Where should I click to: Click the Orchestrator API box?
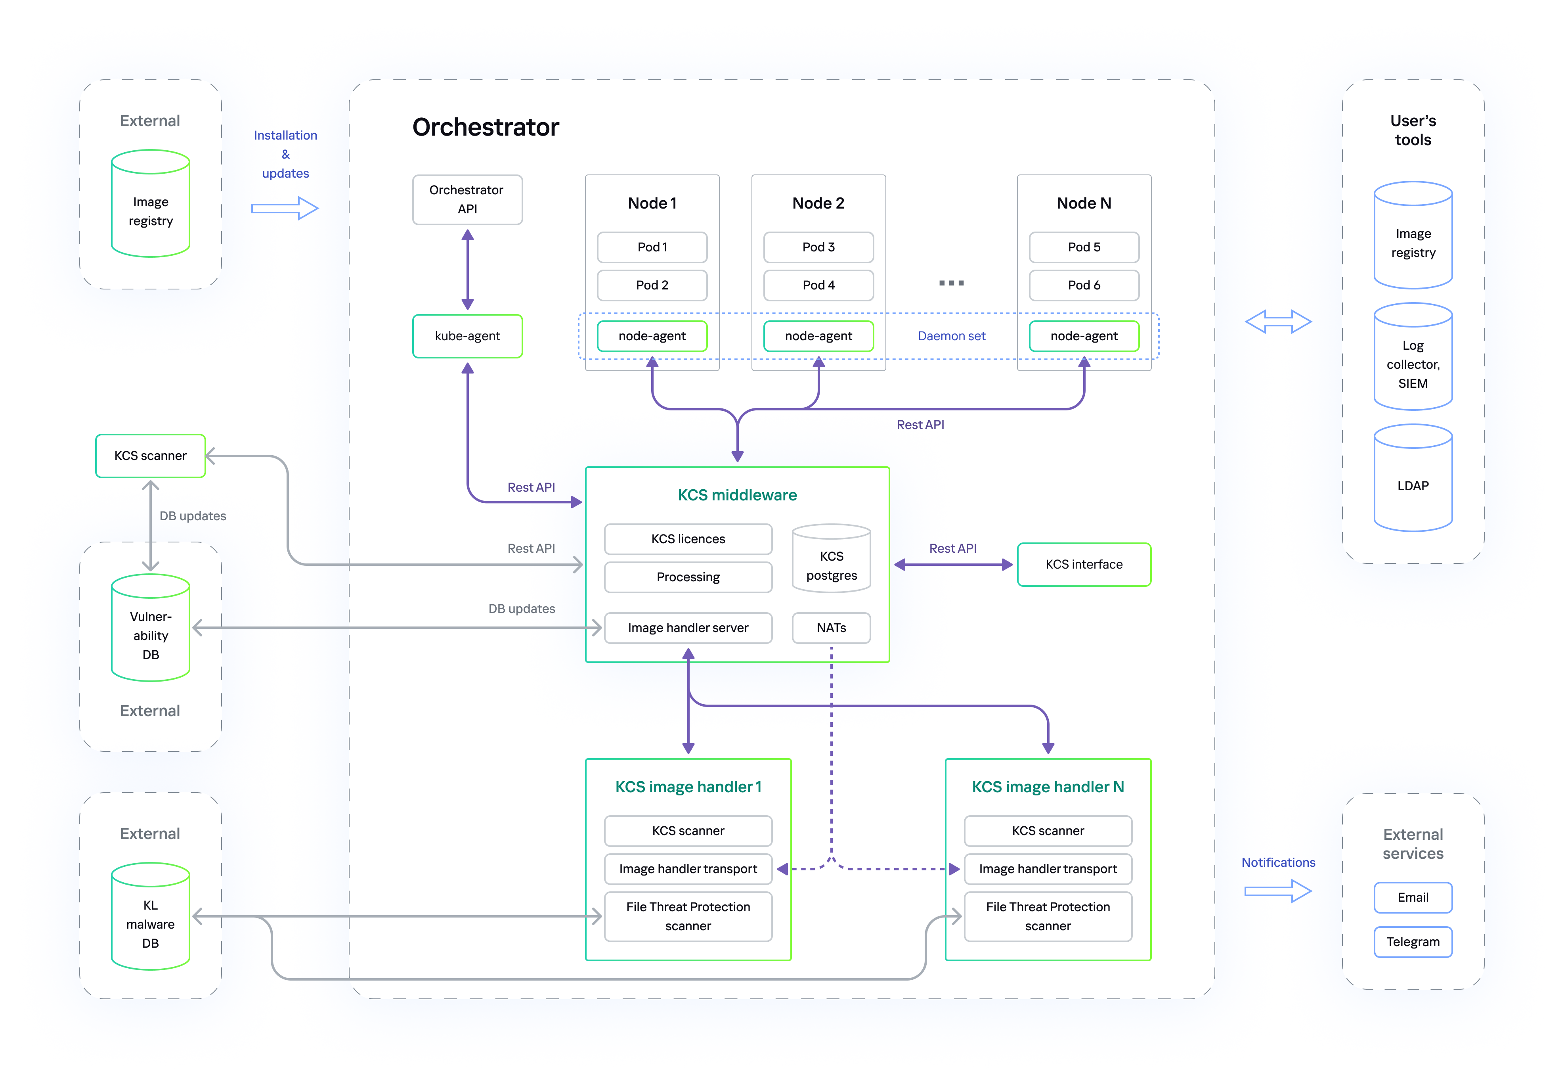(467, 199)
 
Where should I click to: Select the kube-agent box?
(467, 336)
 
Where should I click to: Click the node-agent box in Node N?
(1084, 336)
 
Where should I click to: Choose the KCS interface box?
(1084, 564)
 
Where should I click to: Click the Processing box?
(688, 577)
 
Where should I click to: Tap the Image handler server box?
(688, 627)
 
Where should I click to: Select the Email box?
(1413, 897)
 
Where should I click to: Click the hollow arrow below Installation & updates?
(285, 208)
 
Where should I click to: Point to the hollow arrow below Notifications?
(1277, 891)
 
